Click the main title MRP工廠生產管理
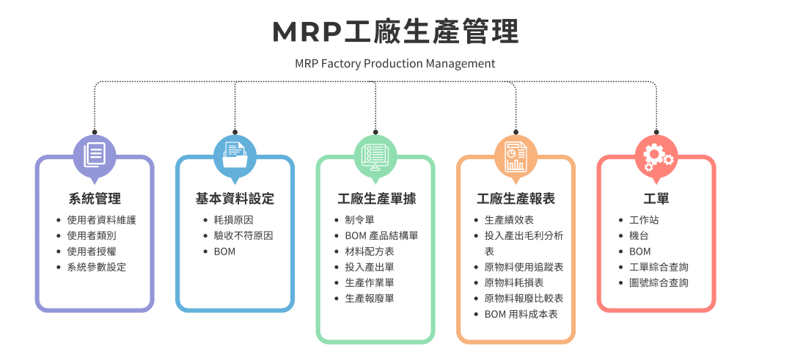tap(395, 32)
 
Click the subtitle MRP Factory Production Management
tap(395, 64)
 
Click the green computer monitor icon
tap(375, 155)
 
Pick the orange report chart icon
tap(516, 155)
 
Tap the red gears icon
tap(656, 155)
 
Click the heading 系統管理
tap(95, 199)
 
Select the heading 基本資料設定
tap(235, 199)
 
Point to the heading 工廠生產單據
tap(375, 199)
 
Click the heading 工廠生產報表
tap(516, 199)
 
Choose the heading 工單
tap(656, 199)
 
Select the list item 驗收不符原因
tap(243, 236)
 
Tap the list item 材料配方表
tap(370, 251)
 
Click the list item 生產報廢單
tap(370, 298)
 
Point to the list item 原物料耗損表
tap(514, 283)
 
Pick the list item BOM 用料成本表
tap(521, 314)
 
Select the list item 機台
tap(639, 236)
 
